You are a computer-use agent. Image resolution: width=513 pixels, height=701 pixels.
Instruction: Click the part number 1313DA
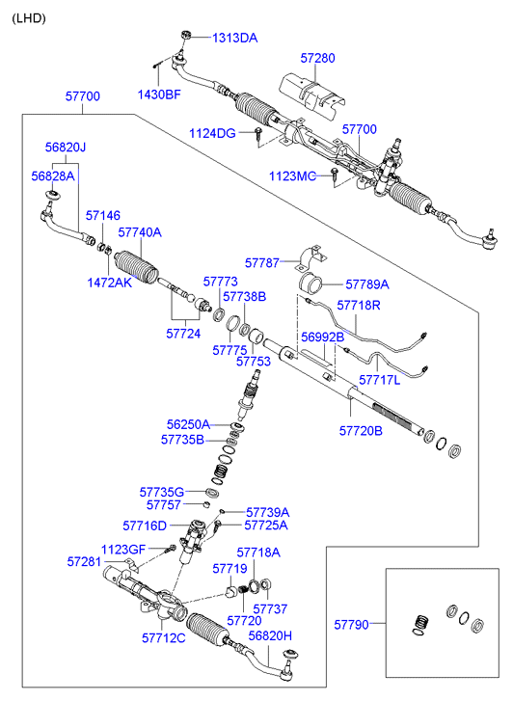(235, 38)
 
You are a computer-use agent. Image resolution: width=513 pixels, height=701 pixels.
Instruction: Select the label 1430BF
(159, 94)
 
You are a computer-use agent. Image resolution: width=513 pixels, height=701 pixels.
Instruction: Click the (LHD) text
(29, 18)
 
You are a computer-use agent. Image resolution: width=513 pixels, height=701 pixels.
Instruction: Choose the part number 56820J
(66, 148)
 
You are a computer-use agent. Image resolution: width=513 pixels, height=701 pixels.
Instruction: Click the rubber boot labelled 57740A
(137, 268)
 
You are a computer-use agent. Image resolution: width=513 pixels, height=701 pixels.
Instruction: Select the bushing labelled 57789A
(310, 283)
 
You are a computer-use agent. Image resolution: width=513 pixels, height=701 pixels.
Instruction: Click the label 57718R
(359, 306)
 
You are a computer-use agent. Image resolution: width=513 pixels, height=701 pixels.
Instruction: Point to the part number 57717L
(380, 380)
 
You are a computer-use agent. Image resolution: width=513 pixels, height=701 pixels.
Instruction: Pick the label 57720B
(361, 431)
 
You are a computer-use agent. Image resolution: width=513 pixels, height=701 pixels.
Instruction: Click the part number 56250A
(188, 424)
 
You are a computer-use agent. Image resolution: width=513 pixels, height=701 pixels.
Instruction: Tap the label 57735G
(162, 492)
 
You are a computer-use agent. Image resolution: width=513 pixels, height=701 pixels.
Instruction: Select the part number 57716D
(145, 526)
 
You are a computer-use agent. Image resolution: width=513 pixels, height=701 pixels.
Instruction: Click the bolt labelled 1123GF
(171, 549)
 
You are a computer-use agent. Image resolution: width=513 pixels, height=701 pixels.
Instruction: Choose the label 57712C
(164, 638)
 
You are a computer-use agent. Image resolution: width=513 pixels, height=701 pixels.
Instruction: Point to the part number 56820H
(270, 635)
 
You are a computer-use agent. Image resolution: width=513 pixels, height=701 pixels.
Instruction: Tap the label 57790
(352, 625)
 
